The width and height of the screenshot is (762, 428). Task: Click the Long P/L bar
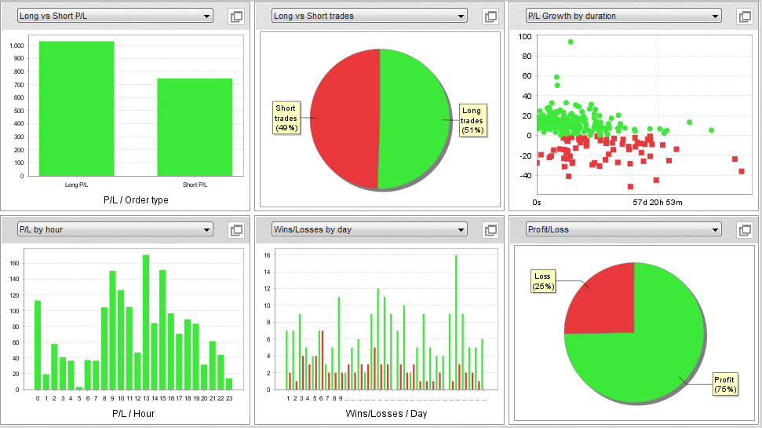(76, 108)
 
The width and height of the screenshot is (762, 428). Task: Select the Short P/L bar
(195, 127)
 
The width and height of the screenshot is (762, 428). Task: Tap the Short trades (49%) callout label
(286, 118)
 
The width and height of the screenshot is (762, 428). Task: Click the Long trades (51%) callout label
(472, 120)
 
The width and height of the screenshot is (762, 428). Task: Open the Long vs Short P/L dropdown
(115, 16)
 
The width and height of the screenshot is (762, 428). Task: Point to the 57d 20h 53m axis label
(658, 202)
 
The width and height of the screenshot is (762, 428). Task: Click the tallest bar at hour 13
(146, 322)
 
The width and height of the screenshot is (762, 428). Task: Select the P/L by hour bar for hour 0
(38, 345)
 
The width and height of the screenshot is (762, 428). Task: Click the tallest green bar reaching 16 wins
(456, 322)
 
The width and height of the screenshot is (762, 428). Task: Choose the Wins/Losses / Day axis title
(386, 413)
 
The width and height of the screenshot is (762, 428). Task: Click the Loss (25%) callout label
(543, 281)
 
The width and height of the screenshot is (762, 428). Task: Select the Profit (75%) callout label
(724, 384)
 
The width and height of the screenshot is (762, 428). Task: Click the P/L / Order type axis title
(136, 200)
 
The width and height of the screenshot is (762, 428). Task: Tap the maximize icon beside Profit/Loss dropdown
(744, 230)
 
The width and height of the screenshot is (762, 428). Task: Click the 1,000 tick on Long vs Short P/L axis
(16, 46)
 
